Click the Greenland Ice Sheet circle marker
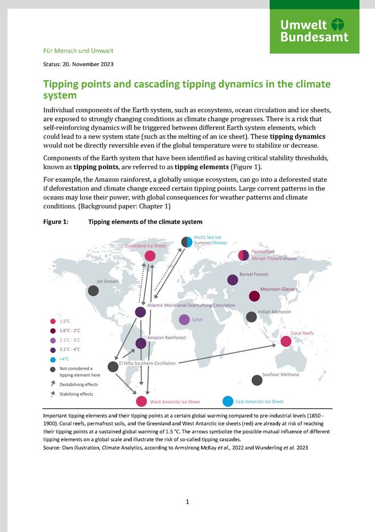click(x=149, y=256)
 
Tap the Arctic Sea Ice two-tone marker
click(x=187, y=241)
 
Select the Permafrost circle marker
click(x=244, y=255)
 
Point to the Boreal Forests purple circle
click(x=233, y=280)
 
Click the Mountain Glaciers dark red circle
click(x=255, y=296)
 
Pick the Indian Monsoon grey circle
click(x=251, y=316)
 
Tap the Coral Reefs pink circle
click(x=286, y=342)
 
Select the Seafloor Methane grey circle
click(x=257, y=380)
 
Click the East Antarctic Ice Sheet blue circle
click(x=228, y=401)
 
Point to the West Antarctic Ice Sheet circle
click(x=142, y=401)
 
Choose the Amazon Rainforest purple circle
click(x=141, y=343)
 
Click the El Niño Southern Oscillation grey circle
click(x=113, y=366)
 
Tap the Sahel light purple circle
click(x=184, y=320)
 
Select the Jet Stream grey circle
click(x=94, y=291)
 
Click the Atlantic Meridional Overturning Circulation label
click(x=191, y=305)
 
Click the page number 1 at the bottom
click(x=187, y=501)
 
